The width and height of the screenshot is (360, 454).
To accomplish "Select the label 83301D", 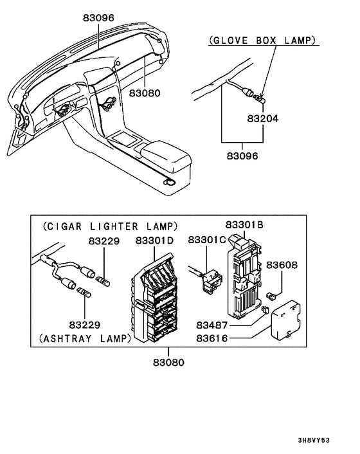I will (154, 241).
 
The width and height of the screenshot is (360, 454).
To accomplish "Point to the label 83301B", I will (244, 225).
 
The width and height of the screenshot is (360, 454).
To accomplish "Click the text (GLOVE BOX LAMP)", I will (262, 41).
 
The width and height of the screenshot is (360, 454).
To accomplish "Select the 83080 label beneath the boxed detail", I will (168, 362).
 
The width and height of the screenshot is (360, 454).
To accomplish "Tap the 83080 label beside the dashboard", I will (145, 93).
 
